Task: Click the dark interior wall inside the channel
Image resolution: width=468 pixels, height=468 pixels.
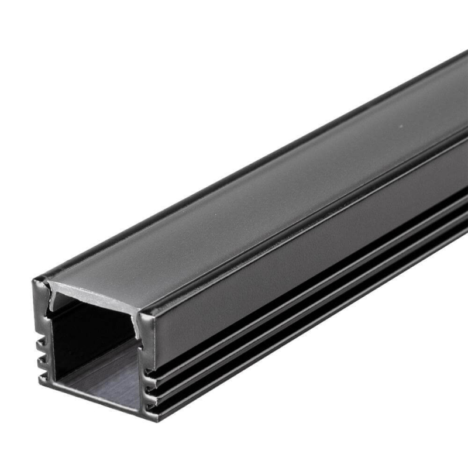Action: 88,333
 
